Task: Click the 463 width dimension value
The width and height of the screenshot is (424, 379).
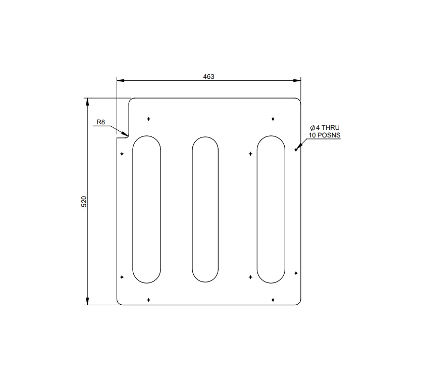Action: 208,77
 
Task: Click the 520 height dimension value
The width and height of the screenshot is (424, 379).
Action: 84,201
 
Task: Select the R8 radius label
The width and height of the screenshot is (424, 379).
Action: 101,122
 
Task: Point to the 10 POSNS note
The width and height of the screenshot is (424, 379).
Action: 325,135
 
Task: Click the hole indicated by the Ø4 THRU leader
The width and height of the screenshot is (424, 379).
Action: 296,149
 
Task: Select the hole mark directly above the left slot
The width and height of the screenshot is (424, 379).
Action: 148,119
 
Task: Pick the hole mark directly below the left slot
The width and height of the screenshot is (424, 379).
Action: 148,300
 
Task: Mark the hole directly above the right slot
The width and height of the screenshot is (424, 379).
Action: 273,119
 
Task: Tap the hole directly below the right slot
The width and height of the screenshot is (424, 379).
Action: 273,300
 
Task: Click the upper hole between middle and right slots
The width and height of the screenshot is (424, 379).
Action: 250,154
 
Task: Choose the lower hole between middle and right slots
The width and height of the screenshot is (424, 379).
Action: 250,277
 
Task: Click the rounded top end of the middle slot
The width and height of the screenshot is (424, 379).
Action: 205,138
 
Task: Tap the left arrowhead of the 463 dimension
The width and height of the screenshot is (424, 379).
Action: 120,80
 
